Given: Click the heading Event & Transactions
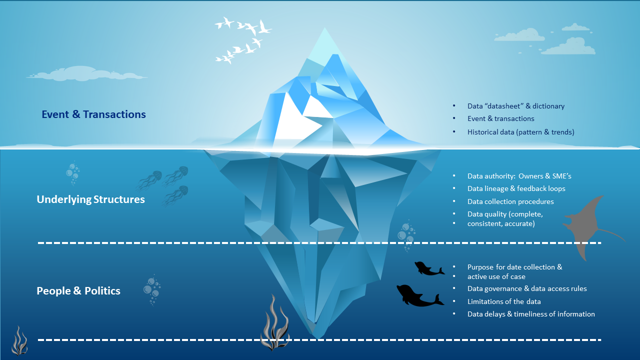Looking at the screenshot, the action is (x=93, y=114).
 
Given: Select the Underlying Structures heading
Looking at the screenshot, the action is (x=90, y=199).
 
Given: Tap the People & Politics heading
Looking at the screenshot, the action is (x=78, y=291).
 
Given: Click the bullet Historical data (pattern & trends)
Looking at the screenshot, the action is (x=520, y=132).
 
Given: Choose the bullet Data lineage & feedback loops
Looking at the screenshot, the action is (x=516, y=188).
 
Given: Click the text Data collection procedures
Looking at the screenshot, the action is (x=510, y=201).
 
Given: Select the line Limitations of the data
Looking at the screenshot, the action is (x=504, y=301).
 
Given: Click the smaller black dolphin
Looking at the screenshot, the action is (x=428, y=269).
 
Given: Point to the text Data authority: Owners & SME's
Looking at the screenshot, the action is (x=519, y=176).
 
